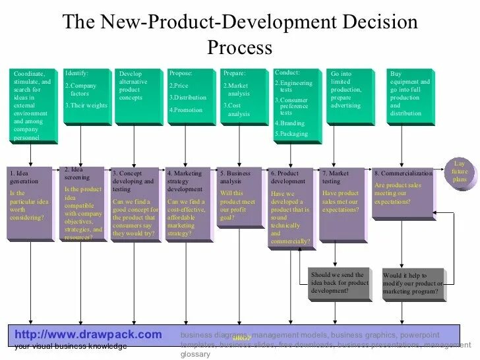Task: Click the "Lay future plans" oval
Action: tap(459, 171)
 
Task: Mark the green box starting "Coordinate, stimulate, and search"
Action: tap(33, 105)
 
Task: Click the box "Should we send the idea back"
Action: tap(340, 283)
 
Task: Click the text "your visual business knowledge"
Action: tap(71, 346)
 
